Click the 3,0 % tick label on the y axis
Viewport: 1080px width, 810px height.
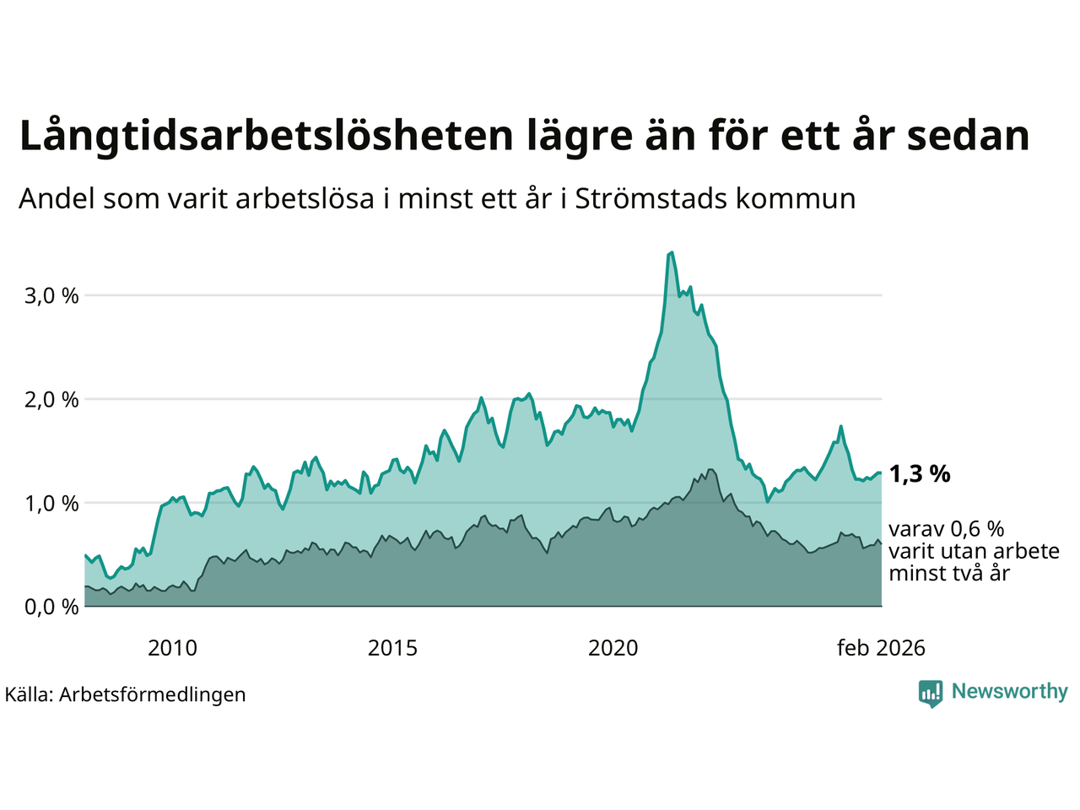(48, 296)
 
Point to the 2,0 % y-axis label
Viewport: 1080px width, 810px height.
(48, 400)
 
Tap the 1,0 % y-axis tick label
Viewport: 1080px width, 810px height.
(48, 504)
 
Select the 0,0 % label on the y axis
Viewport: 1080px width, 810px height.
(48, 607)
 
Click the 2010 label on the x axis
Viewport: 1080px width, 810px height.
(172, 648)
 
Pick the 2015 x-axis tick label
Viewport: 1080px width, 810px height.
(392, 648)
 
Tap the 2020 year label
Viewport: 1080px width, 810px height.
(613, 648)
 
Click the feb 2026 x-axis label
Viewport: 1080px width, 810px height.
(881, 648)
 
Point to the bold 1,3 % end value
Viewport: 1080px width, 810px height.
(920, 474)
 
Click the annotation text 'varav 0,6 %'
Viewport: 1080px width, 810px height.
(947, 529)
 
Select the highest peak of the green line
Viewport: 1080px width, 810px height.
(671, 252)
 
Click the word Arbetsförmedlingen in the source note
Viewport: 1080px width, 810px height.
(153, 695)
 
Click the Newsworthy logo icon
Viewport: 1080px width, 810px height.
(931, 693)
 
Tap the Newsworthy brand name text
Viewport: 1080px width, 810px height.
(1009, 692)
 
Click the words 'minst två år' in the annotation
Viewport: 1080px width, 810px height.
(949, 574)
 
